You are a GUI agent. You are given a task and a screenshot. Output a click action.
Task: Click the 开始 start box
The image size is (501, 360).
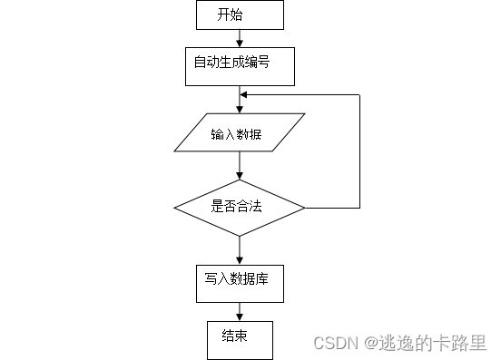(x=240, y=15)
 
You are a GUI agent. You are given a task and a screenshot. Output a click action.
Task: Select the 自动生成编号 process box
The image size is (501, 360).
(x=240, y=63)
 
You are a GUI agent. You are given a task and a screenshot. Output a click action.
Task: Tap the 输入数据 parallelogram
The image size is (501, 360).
(x=240, y=134)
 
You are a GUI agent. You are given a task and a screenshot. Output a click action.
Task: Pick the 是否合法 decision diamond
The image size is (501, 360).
(x=240, y=207)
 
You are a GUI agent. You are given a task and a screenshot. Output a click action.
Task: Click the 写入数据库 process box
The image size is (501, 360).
(x=240, y=282)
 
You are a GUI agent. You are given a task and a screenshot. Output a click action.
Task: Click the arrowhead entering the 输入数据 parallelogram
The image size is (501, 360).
(x=240, y=112)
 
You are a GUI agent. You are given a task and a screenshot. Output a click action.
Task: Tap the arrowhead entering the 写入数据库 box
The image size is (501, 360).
(x=240, y=259)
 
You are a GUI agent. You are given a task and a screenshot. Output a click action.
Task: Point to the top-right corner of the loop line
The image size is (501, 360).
(x=360, y=93)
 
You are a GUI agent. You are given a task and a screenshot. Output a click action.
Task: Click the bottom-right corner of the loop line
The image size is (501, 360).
(x=360, y=208)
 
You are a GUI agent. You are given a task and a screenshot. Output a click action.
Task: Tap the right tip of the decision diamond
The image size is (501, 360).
(x=305, y=208)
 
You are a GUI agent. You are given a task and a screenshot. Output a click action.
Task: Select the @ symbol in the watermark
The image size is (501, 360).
(x=370, y=342)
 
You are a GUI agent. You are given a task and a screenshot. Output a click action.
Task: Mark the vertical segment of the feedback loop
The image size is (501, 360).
(x=360, y=151)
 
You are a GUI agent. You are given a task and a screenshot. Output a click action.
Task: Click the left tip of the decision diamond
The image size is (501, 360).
(x=174, y=208)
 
